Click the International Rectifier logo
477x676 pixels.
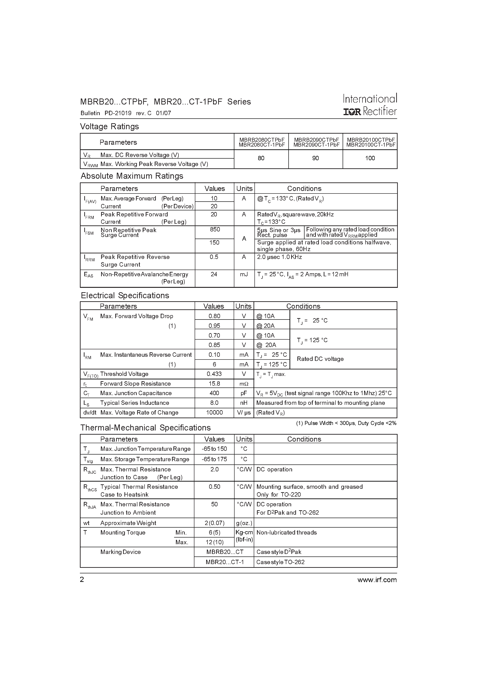(x=370, y=105)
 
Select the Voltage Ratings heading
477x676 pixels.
(x=109, y=127)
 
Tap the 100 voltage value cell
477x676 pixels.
(x=370, y=158)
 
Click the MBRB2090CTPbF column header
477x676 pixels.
(x=316, y=142)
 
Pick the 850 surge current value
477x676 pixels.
(x=215, y=230)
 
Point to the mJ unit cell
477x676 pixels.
(x=244, y=274)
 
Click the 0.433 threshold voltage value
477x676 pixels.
(x=214, y=374)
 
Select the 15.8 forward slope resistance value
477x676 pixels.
(x=214, y=384)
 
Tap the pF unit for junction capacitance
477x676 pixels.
(x=244, y=393)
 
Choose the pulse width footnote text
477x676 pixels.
(x=346, y=423)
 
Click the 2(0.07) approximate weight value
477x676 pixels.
(x=214, y=523)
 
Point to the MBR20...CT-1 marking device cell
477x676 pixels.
(x=225, y=562)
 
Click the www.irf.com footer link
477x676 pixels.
(x=377, y=580)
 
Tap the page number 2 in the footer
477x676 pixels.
(x=82, y=580)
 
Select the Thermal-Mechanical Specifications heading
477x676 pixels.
(x=145, y=428)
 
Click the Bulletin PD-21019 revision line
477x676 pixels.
(x=126, y=113)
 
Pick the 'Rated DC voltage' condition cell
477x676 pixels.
(x=320, y=359)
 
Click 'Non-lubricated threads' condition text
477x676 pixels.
(x=287, y=533)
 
